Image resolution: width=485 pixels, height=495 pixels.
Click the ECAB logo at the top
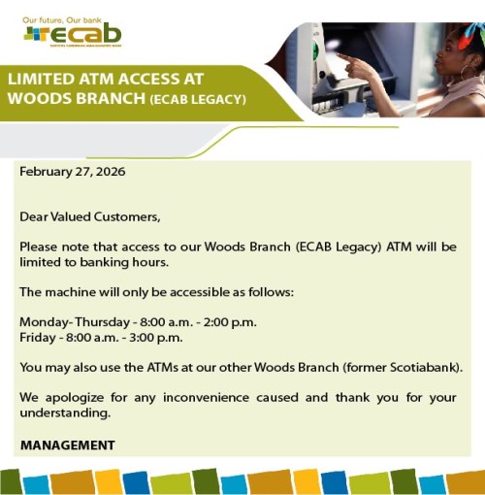(73, 35)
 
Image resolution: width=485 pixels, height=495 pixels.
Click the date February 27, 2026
(72, 172)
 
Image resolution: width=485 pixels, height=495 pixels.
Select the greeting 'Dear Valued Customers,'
(89, 216)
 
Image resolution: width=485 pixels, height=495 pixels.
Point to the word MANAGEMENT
(67, 445)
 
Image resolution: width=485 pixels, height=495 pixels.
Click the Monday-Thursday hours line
(138, 322)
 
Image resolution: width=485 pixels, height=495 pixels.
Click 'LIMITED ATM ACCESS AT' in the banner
(93, 79)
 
